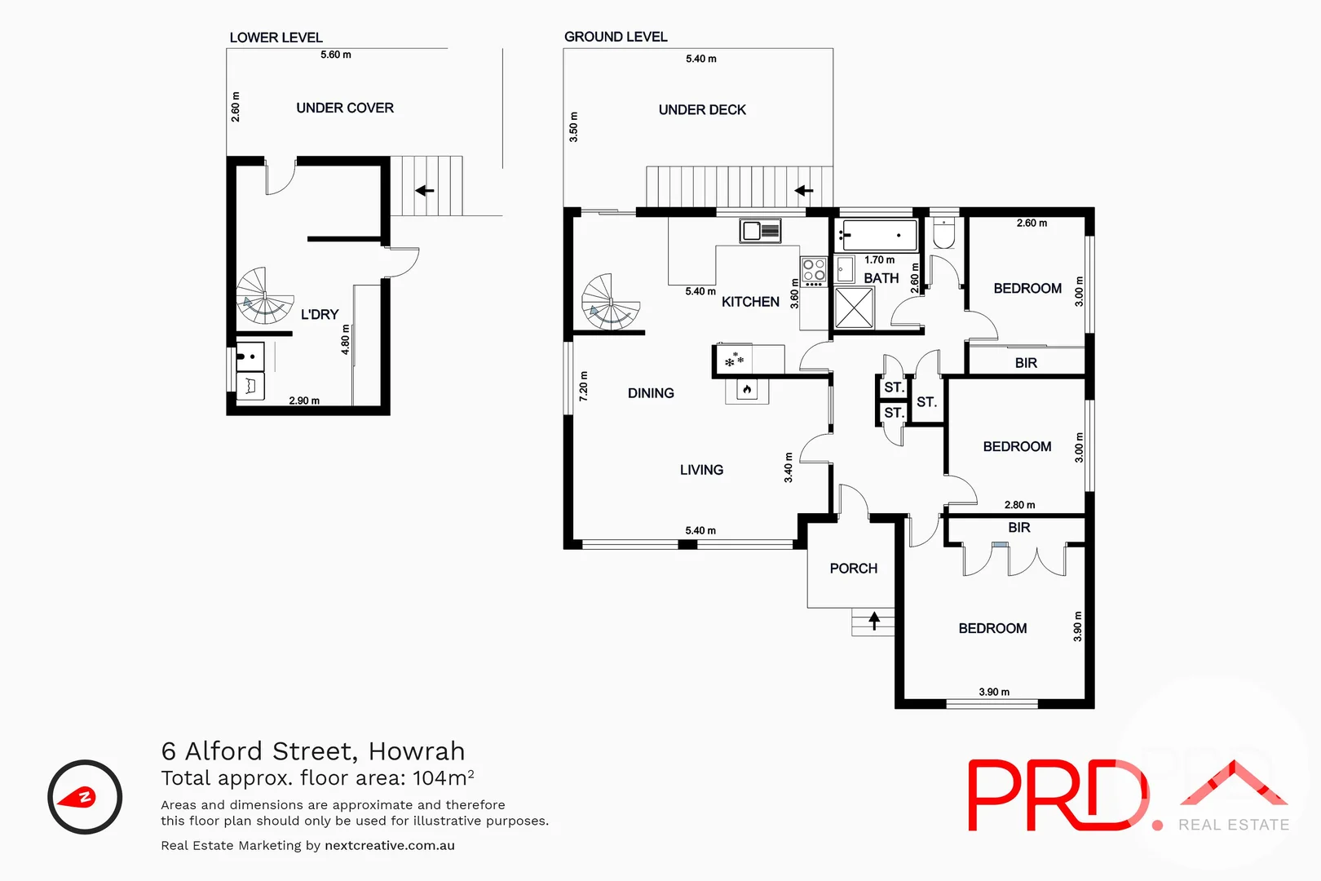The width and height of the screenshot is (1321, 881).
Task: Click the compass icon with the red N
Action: click(85, 797)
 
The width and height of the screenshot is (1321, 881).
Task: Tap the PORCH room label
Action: click(853, 569)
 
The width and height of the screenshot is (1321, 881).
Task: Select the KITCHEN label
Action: click(750, 302)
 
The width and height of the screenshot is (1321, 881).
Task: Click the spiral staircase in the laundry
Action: click(265, 295)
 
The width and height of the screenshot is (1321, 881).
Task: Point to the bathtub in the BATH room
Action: click(879, 236)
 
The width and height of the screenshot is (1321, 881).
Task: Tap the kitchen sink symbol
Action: click(760, 231)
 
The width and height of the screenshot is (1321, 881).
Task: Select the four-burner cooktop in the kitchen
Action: click(814, 271)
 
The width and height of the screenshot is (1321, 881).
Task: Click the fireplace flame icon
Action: click(747, 391)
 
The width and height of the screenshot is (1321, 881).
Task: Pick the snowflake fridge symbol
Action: click(734, 360)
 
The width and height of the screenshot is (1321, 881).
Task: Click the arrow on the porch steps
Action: click(874, 621)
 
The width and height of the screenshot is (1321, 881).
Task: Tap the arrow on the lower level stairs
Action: click(424, 191)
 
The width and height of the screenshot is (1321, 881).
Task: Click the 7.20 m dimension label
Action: click(583, 386)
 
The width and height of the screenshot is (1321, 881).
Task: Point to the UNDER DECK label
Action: click(702, 110)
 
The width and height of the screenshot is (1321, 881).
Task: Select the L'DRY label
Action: click(320, 315)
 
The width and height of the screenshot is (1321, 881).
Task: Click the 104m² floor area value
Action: click(443, 777)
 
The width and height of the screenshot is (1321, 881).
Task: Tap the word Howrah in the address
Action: click(416, 750)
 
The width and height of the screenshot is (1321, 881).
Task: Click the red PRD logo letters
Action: click(1056, 795)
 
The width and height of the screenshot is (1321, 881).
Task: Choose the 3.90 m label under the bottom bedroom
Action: click(994, 692)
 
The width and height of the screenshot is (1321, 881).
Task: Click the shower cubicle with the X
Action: click(854, 308)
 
